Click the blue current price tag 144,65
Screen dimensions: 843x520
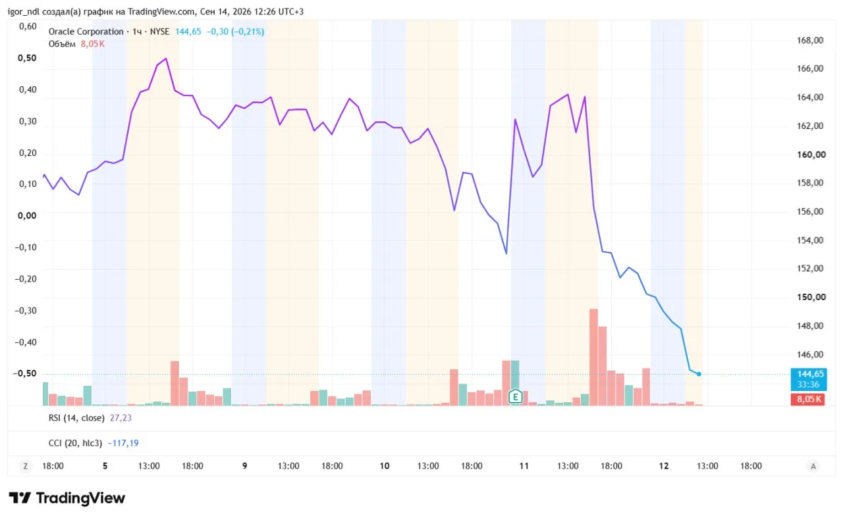point(808,379)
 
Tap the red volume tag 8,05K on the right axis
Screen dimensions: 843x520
point(807,400)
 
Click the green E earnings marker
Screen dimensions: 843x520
point(515,396)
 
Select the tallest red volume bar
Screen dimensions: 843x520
point(593,357)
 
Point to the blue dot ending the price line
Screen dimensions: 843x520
point(699,374)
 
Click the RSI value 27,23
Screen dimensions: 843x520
point(121,418)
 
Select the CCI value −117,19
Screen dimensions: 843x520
point(123,443)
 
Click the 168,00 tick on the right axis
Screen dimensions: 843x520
point(810,40)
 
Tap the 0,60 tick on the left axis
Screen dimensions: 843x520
point(28,26)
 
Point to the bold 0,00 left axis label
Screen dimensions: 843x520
point(27,216)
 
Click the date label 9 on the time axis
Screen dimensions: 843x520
point(244,466)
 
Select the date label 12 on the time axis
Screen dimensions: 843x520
point(663,466)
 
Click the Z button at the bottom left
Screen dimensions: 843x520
point(26,466)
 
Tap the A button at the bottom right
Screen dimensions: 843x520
point(813,466)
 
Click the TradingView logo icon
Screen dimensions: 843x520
point(20,498)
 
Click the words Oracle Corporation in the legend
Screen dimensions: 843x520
point(86,32)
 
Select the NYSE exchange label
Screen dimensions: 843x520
point(159,32)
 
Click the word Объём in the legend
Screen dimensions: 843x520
point(62,44)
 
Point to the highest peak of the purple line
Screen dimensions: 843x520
point(166,59)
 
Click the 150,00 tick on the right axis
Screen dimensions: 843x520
point(811,297)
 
